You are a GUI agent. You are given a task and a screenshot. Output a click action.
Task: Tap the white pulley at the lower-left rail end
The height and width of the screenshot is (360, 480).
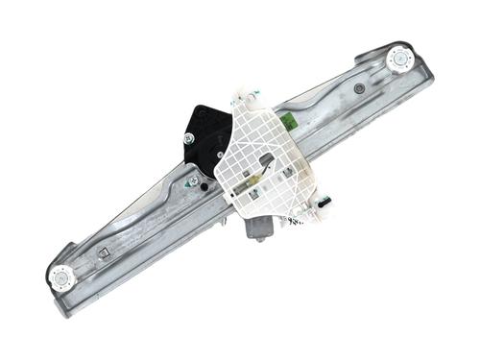pyautogui.click(x=62, y=276)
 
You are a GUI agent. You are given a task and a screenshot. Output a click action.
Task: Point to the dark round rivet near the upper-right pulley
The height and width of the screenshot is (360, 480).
pyautogui.click(x=359, y=88)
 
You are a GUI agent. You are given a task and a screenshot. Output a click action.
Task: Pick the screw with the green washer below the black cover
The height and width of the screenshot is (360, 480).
pyautogui.click(x=195, y=180)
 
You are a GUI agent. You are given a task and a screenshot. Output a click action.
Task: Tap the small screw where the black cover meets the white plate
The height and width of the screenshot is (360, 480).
pyautogui.click(x=220, y=154)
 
